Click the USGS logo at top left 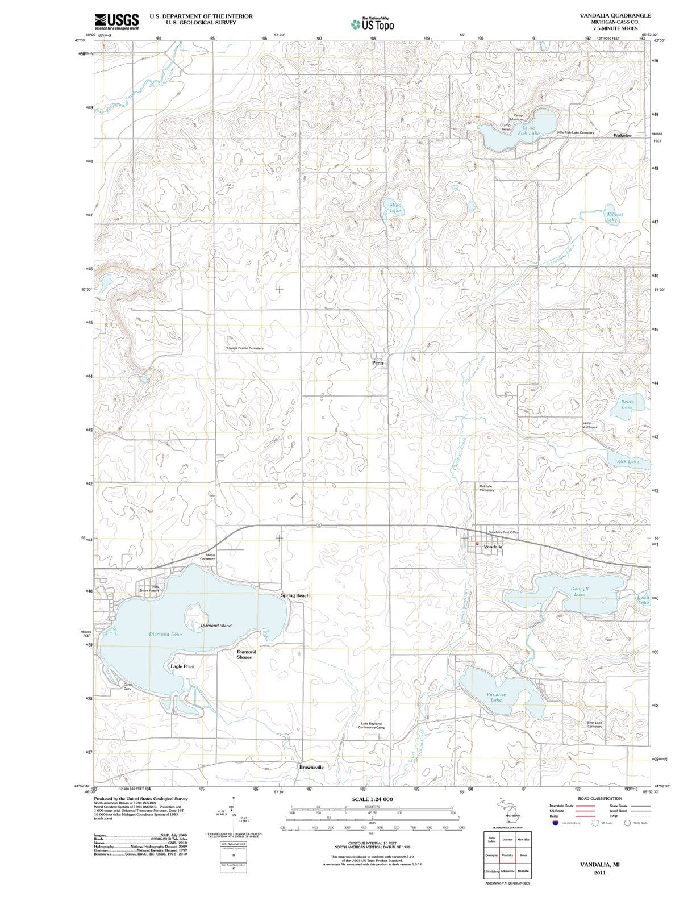click(x=116, y=21)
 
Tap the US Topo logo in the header click(x=372, y=24)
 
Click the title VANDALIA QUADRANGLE click(x=615, y=15)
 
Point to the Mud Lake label click(x=395, y=207)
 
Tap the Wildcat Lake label click(x=611, y=217)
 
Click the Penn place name click(x=378, y=362)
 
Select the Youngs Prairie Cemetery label click(x=244, y=348)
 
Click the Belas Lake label click(x=627, y=405)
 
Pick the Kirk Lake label click(x=628, y=461)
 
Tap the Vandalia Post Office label click(x=503, y=532)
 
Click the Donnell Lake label click(x=580, y=591)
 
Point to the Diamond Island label click(x=216, y=626)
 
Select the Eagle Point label click(x=182, y=666)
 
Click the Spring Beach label click(x=295, y=595)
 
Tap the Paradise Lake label click(x=497, y=697)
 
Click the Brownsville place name click(x=311, y=767)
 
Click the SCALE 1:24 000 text click(x=372, y=799)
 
